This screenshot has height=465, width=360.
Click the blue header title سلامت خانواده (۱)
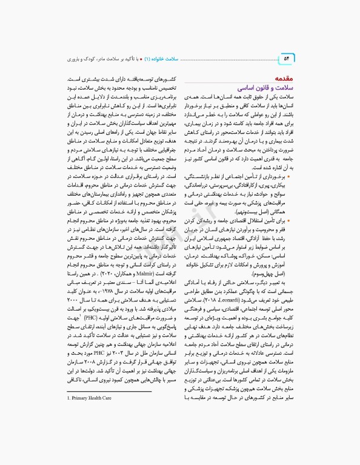(176, 59)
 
